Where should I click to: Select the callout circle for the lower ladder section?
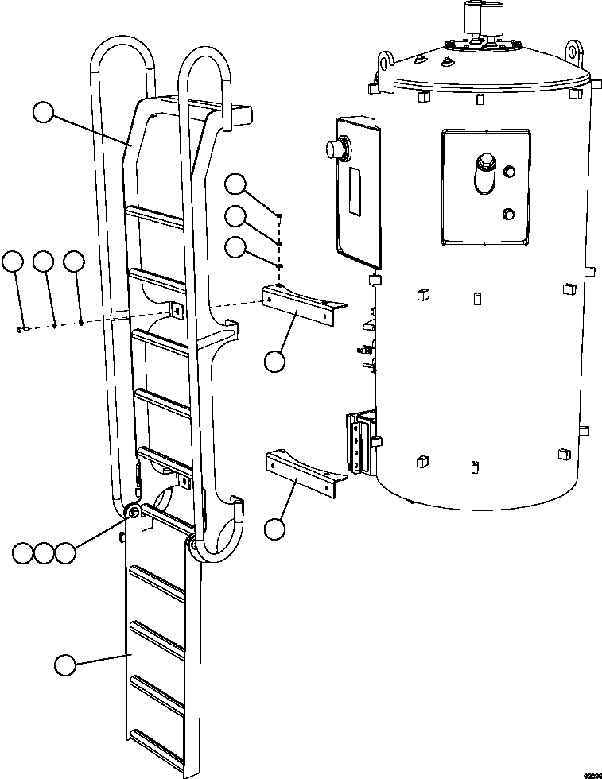[64, 665]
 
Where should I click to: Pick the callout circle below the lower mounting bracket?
[275, 529]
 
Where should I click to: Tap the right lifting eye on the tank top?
[575, 52]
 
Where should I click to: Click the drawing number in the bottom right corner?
[592, 773]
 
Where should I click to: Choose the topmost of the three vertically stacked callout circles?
[235, 185]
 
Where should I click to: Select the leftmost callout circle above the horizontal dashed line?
[14, 262]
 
